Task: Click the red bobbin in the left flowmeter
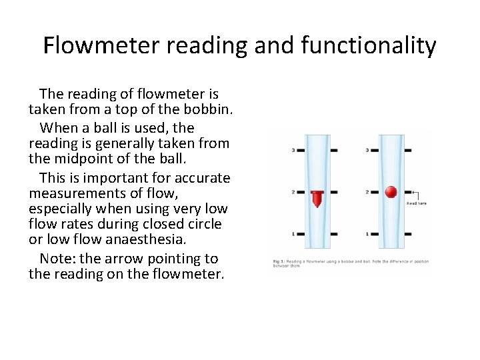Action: (317, 198)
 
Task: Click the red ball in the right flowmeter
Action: (391, 193)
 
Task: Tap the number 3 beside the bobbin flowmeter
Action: (294, 151)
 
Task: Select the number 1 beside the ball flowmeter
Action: (367, 234)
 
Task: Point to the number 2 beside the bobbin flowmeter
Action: (294, 193)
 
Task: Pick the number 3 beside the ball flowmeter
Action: (367, 151)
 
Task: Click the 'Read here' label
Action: (417, 203)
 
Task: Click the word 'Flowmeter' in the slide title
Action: (93, 45)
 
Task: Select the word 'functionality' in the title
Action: (367, 45)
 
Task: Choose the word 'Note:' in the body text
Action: (57, 258)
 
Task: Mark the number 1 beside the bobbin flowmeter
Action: (294, 234)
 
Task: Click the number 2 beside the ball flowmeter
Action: (367, 193)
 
